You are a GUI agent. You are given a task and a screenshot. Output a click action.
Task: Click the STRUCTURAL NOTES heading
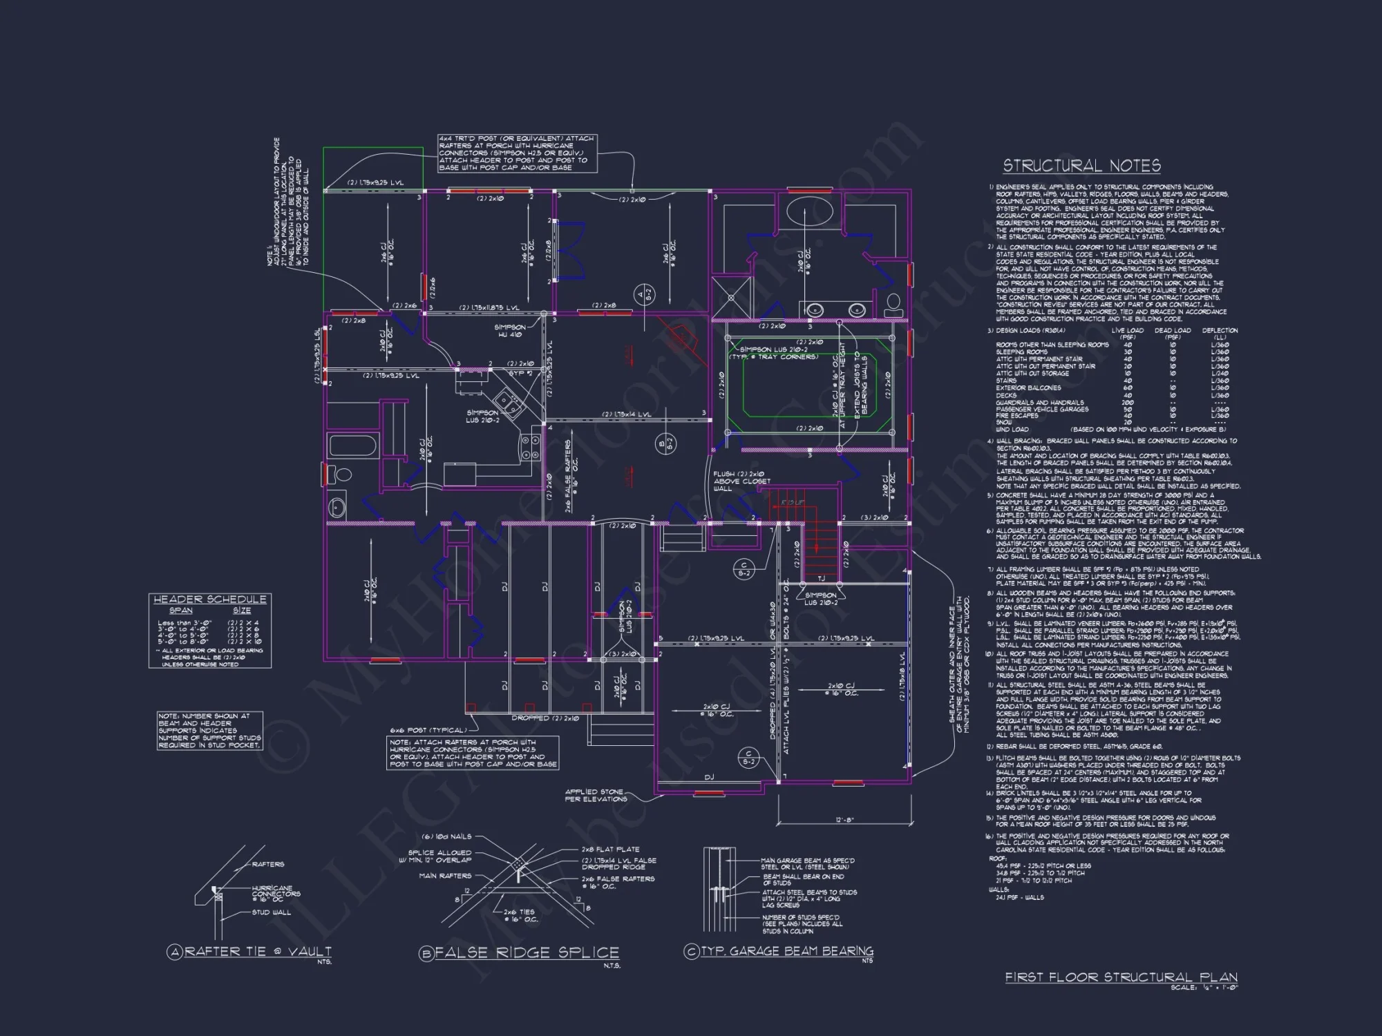(1081, 166)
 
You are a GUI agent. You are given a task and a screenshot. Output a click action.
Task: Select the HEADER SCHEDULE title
(209, 599)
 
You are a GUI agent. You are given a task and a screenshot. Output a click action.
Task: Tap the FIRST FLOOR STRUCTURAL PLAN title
(1121, 977)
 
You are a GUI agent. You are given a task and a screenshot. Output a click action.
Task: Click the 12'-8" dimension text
(844, 820)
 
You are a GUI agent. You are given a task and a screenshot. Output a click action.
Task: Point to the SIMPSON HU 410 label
(510, 331)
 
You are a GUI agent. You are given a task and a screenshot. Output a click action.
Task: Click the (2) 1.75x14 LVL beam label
(626, 414)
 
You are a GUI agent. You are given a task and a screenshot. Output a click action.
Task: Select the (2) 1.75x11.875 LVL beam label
(489, 307)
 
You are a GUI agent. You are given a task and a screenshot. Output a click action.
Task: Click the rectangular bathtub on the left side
(352, 445)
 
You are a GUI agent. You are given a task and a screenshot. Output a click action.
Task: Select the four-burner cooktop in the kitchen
(531, 447)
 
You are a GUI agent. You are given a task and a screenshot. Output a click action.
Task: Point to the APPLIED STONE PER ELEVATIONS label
(596, 795)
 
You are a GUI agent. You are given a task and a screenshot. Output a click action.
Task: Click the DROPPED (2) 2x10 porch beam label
(545, 718)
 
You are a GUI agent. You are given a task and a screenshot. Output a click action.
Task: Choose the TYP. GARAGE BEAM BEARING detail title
(787, 951)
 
